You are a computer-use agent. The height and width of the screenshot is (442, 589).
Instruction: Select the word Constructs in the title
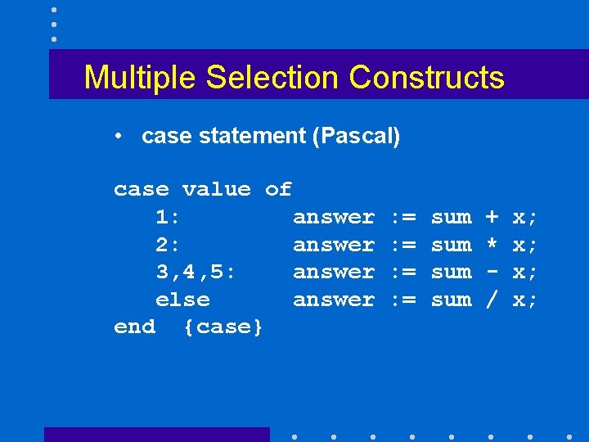(426, 78)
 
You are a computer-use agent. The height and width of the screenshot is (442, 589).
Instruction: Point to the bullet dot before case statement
(119, 136)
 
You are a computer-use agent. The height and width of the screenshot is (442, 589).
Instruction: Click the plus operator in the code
(492, 217)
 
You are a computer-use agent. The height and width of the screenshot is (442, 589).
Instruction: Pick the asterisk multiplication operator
(492, 244)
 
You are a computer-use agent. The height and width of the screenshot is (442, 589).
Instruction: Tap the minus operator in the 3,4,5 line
(492, 272)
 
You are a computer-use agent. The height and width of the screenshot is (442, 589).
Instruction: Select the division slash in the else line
(492, 300)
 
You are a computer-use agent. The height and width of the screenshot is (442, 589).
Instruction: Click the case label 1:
(169, 217)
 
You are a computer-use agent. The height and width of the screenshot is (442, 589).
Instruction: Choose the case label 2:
(169, 245)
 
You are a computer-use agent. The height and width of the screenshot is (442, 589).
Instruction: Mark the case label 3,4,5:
(196, 273)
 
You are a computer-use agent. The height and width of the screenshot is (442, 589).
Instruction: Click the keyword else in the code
(182, 300)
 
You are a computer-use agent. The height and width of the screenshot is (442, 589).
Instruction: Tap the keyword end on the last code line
(134, 327)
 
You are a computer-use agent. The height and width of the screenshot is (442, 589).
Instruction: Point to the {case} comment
(223, 327)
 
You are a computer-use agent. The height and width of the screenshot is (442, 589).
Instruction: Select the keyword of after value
(278, 190)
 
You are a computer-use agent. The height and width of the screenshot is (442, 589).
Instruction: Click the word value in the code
(217, 190)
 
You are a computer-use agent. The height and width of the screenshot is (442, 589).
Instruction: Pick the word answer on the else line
(334, 300)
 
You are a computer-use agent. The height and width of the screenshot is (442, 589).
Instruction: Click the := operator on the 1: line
(403, 217)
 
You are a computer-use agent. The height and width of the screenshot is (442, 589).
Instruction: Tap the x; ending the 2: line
(524, 245)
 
